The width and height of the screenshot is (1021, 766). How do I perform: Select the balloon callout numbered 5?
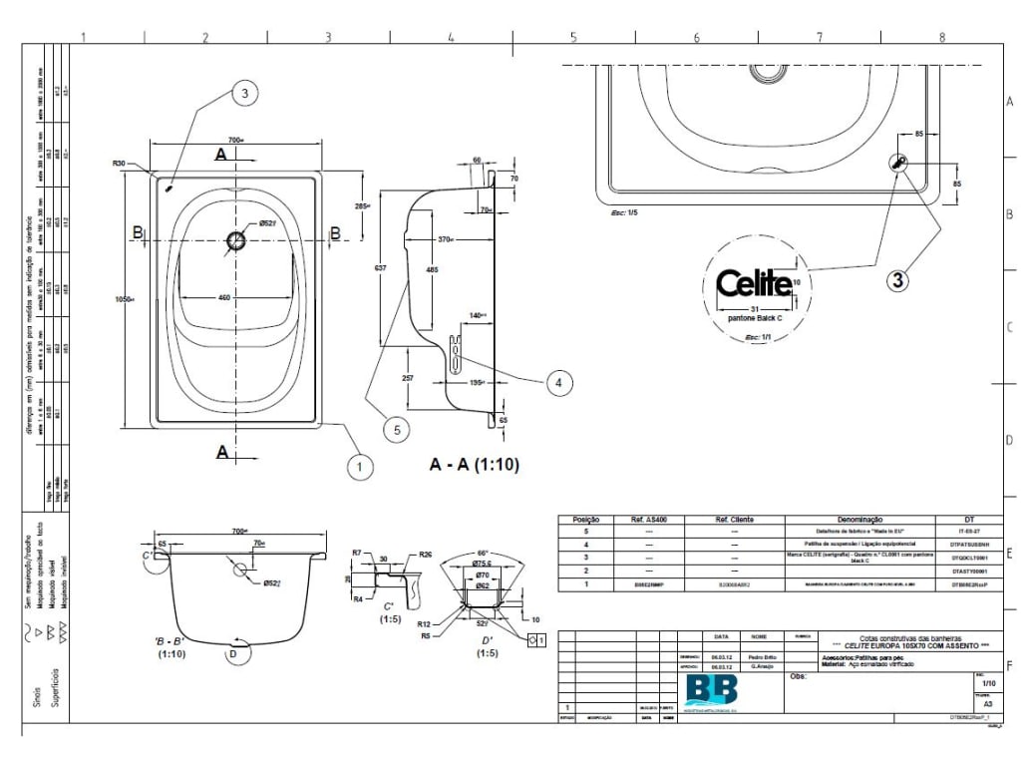click(396, 430)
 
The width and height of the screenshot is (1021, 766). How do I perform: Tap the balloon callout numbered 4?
click(558, 381)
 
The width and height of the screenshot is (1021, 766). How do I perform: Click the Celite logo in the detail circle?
click(755, 283)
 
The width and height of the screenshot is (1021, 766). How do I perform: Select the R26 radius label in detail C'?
click(425, 555)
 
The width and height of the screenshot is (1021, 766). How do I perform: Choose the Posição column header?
click(585, 520)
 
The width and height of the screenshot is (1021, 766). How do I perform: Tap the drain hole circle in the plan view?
click(236, 239)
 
